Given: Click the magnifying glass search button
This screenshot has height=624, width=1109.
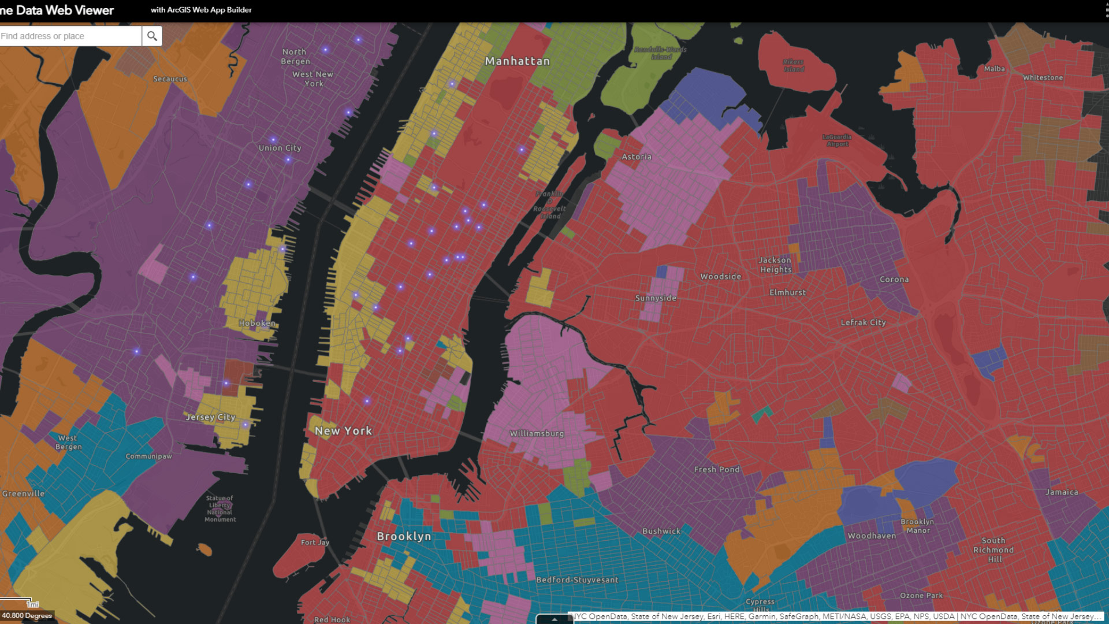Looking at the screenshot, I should point(152,36).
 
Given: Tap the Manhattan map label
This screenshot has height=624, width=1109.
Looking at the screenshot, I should point(517,61).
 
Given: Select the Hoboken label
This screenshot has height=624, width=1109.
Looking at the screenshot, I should point(257,323).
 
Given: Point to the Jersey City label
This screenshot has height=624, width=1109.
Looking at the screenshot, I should point(211,417).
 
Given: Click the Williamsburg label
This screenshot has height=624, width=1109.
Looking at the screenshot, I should point(537,433).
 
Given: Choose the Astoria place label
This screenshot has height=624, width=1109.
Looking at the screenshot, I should point(637,157).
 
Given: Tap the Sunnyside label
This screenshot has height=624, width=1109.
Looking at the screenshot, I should point(656,298).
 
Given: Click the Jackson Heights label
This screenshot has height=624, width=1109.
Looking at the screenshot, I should point(775,265).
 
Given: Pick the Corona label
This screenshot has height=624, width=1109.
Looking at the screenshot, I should point(894,279).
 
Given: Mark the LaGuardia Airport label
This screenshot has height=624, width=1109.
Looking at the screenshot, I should point(837,140).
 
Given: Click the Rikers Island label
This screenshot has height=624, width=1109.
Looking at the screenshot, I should point(794,65).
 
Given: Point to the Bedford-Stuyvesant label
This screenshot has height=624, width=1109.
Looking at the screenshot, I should point(577,580).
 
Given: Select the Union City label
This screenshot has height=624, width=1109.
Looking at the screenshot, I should point(280,148).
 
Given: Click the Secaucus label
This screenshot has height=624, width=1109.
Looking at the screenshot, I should point(170,79).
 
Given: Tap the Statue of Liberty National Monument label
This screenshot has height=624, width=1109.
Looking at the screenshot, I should point(220,508).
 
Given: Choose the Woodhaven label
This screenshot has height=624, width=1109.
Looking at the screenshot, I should point(872,536).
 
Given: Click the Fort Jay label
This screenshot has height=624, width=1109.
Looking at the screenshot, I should point(315,543).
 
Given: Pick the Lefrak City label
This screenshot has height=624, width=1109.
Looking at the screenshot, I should point(863,322).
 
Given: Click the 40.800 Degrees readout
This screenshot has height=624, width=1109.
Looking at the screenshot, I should point(27,615).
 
